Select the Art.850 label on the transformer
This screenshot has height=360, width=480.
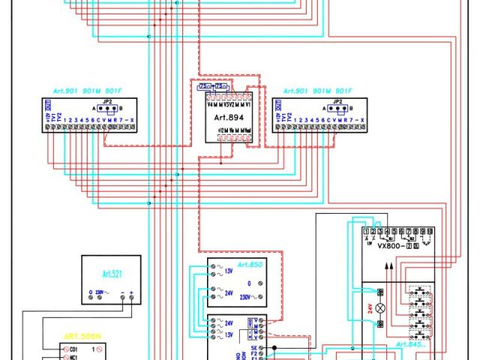pos(250,265)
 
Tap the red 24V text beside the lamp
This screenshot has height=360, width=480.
pos(369,308)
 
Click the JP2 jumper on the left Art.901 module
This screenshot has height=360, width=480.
pos(107,106)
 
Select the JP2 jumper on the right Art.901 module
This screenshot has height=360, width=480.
pos(337,106)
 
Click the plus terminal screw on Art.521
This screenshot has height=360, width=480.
pos(133,298)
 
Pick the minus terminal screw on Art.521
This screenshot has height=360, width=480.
pos(122,298)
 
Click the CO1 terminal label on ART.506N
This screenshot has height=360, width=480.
pos(73,349)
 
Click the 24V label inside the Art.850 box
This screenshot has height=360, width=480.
pos(229,291)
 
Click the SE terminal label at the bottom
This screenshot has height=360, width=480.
pos(254,349)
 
